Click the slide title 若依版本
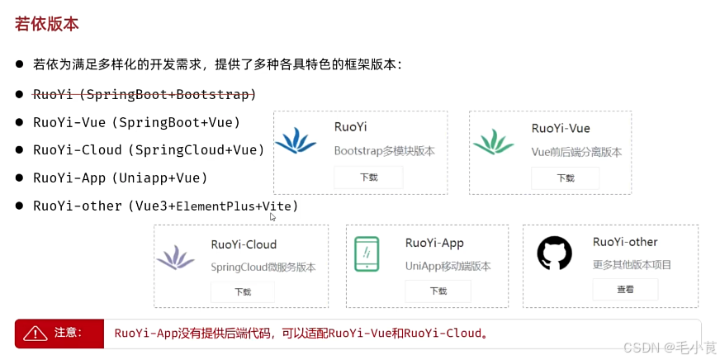point(47,24)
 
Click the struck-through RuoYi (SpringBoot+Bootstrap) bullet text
point(144,94)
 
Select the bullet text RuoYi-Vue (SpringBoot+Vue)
point(136,122)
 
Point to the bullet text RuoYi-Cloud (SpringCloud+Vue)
point(149,149)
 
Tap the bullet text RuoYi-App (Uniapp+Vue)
point(120,178)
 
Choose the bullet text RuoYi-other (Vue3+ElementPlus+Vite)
point(165,206)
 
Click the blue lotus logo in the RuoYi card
point(296,141)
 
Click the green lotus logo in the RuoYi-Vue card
point(493,141)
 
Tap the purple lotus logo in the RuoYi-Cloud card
point(176,258)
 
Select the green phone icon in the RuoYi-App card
point(367,253)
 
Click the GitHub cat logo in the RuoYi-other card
point(554,253)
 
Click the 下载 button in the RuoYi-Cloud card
point(243,291)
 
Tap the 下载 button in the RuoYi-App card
point(438,291)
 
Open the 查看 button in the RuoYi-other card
point(625,289)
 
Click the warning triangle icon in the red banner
point(36,333)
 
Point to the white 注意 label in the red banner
point(68,333)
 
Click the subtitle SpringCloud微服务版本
point(263,268)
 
